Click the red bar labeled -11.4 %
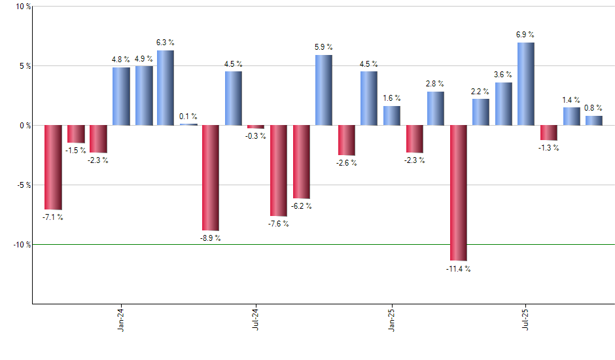[459, 192]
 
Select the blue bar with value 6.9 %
[525, 84]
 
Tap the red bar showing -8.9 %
[210, 177]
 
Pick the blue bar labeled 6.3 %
[165, 88]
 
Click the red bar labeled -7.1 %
[53, 167]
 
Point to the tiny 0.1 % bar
[188, 124]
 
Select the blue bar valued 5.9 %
[323, 90]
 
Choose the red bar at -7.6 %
[278, 170]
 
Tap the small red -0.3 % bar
[255, 127]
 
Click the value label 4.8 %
[122, 60]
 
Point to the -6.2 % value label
[302, 206]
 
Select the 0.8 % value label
[594, 108]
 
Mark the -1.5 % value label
[76, 151]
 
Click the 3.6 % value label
[504, 75]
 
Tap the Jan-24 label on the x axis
[121, 319]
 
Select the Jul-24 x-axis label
[255, 319]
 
